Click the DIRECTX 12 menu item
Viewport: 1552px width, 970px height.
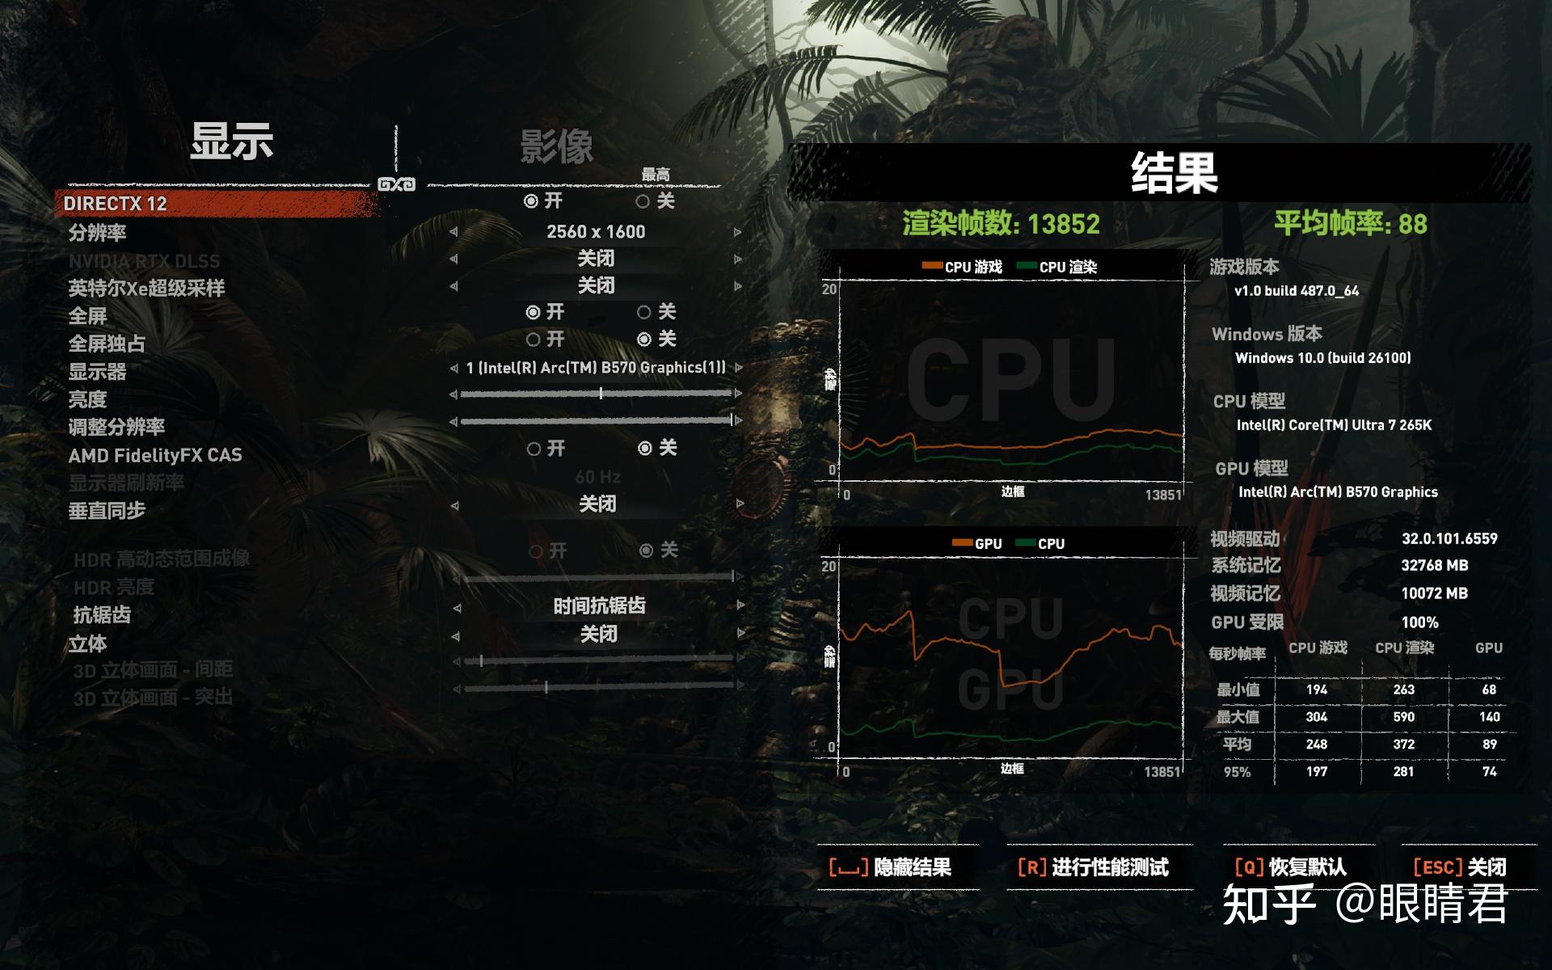(x=116, y=204)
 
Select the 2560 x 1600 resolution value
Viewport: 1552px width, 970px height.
(x=596, y=232)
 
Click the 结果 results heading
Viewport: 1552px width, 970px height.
(x=1174, y=173)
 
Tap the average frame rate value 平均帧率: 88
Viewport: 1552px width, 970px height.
(x=1350, y=223)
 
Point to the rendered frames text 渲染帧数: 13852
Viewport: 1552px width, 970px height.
(x=1001, y=223)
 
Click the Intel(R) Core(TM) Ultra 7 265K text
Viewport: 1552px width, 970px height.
(x=1334, y=425)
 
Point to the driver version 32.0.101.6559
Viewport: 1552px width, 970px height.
(x=1449, y=539)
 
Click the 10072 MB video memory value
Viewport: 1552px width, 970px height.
(x=1434, y=593)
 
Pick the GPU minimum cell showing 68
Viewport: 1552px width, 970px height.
(x=1489, y=690)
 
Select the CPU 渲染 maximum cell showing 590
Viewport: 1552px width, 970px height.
(x=1403, y=717)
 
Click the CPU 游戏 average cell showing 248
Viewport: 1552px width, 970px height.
(x=1316, y=744)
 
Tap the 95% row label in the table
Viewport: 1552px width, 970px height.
(x=1237, y=772)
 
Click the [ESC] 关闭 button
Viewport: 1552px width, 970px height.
(x=1459, y=868)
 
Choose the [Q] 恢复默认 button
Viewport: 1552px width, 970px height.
(x=1290, y=868)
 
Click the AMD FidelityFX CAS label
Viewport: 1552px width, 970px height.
(x=155, y=456)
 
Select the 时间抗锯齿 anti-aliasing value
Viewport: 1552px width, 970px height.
(x=599, y=606)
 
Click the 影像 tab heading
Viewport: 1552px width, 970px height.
(x=556, y=147)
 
